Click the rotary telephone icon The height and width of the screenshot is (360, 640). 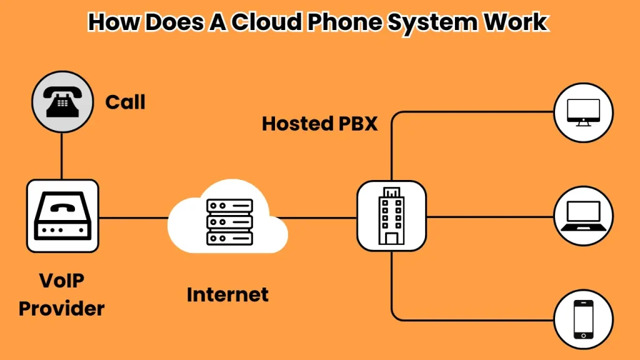pyautogui.click(x=61, y=100)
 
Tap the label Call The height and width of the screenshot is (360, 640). pyautogui.click(x=125, y=101)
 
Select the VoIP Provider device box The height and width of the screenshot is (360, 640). pyautogui.click(x=62, y=216)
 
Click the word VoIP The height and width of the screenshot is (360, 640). pyautogui.click(x=62, y=281)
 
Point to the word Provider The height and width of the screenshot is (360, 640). pyautogui.click(x=61, y=307)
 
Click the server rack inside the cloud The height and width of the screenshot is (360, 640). pyautogui.click(x=229, y=222)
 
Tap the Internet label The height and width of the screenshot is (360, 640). pyautogui.click(x=227, y=294)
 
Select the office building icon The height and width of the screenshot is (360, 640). pyautogui.click(x=391, y=216)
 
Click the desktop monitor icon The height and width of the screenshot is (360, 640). pyautogui.click(x=583, y=112)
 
